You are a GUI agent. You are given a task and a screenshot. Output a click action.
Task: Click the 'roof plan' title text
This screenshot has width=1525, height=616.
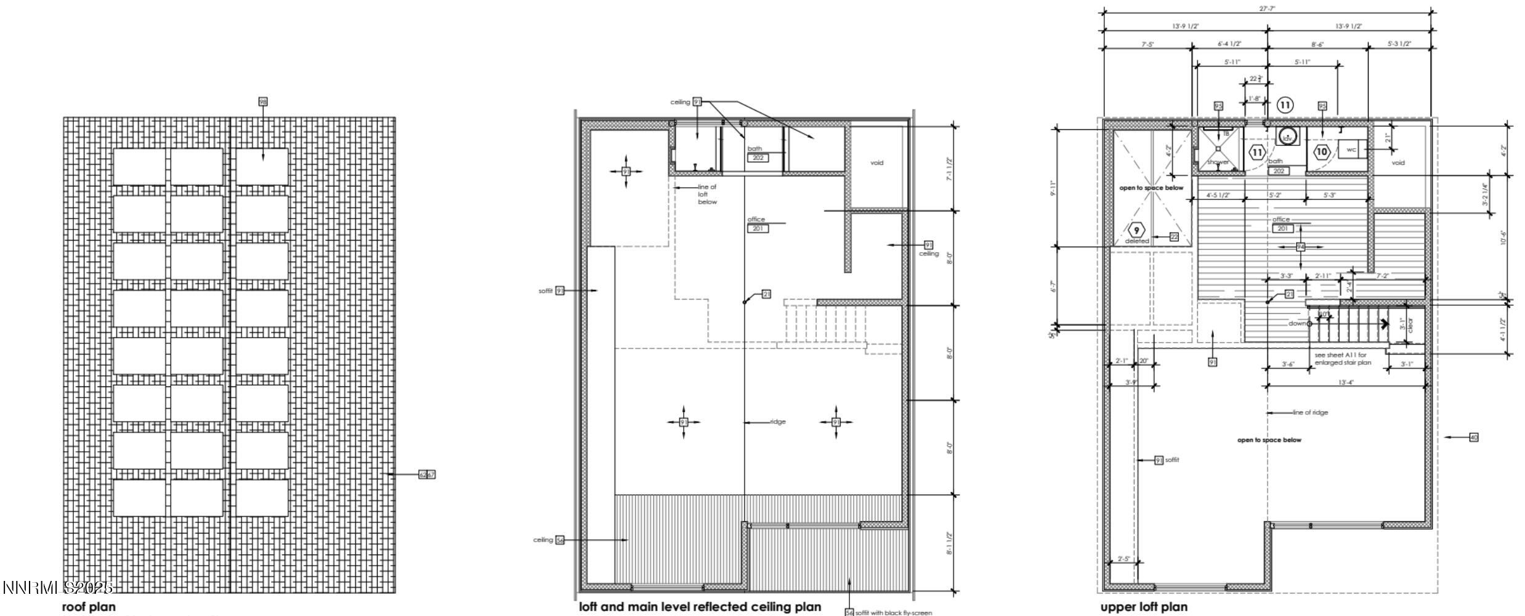pyautogui.click(x=89, y=607)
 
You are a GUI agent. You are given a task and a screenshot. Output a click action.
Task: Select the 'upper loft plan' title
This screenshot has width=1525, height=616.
pyautogui.click(x=1144, y=607)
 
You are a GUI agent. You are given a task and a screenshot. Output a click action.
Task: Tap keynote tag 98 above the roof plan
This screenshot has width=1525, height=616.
pyautogui.click(x=263, y=102)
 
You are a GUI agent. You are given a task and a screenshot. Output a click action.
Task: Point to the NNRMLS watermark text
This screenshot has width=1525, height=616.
pyautogui.click(x=58, y=588)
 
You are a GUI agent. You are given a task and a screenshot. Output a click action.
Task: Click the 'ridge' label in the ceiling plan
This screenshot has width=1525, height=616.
pyautogui.click(x=778, y=422)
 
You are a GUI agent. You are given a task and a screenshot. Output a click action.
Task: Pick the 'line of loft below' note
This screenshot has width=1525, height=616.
pyautogui.click(x=707, y=194)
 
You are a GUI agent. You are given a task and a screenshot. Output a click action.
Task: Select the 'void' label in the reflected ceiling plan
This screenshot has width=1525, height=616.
pyautogui.click(x=876, y=162)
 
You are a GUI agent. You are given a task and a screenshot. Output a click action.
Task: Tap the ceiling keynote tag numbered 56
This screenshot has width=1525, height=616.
pyautogui.click(x=560, y=540)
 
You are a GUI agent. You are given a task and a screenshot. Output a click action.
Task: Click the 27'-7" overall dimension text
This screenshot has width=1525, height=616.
pyautogui.click(x=1266, y=9)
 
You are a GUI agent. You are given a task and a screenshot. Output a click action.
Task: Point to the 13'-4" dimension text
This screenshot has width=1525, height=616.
pyautogui.click(x=1346, y=383)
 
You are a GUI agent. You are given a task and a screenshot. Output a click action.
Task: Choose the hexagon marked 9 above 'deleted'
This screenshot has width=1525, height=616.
pyautogui.click(x=1136, y=230)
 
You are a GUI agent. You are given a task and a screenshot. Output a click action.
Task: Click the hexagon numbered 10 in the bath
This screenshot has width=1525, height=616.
pyautogui.click(x=1322, y=151)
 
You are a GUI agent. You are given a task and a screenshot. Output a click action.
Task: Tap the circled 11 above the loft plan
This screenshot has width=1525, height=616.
pyautogui.click(x=1285, y=105)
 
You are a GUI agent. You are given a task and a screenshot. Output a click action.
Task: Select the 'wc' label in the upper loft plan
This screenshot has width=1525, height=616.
pyautogui.click(x=1351, y=150)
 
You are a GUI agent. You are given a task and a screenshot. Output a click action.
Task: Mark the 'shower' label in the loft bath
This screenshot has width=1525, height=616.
pyautogui.click(x=1218, y=162)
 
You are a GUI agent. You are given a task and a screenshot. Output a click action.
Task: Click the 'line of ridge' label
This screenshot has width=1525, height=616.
pyautogui.click(x=1310, y=412)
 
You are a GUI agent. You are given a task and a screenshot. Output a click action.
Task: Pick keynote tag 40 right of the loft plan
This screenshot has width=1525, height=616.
pyautogui.click(x=1474, y=437)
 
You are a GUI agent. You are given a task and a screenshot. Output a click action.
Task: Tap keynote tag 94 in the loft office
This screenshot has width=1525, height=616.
pyautogui.click(x=1301, y=247)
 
